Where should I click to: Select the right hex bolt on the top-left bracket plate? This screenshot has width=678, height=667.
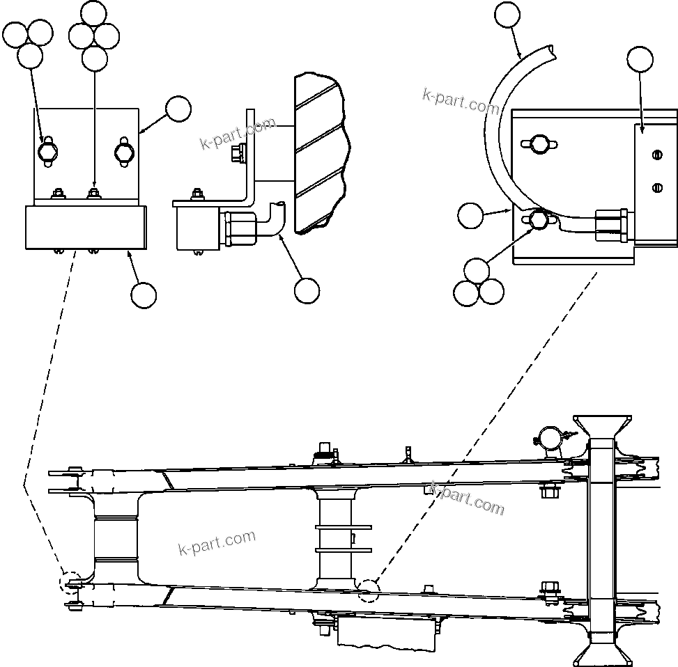123,152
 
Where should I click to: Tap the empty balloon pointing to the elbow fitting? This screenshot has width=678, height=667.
307,291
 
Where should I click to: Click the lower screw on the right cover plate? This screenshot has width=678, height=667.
656,187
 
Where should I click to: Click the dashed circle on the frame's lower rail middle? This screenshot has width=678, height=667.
368,590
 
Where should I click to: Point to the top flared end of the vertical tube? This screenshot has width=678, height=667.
602,428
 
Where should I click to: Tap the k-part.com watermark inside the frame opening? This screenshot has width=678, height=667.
217,542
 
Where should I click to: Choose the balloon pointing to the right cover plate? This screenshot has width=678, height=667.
640,60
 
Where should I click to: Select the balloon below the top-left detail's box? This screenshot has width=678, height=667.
144,295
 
